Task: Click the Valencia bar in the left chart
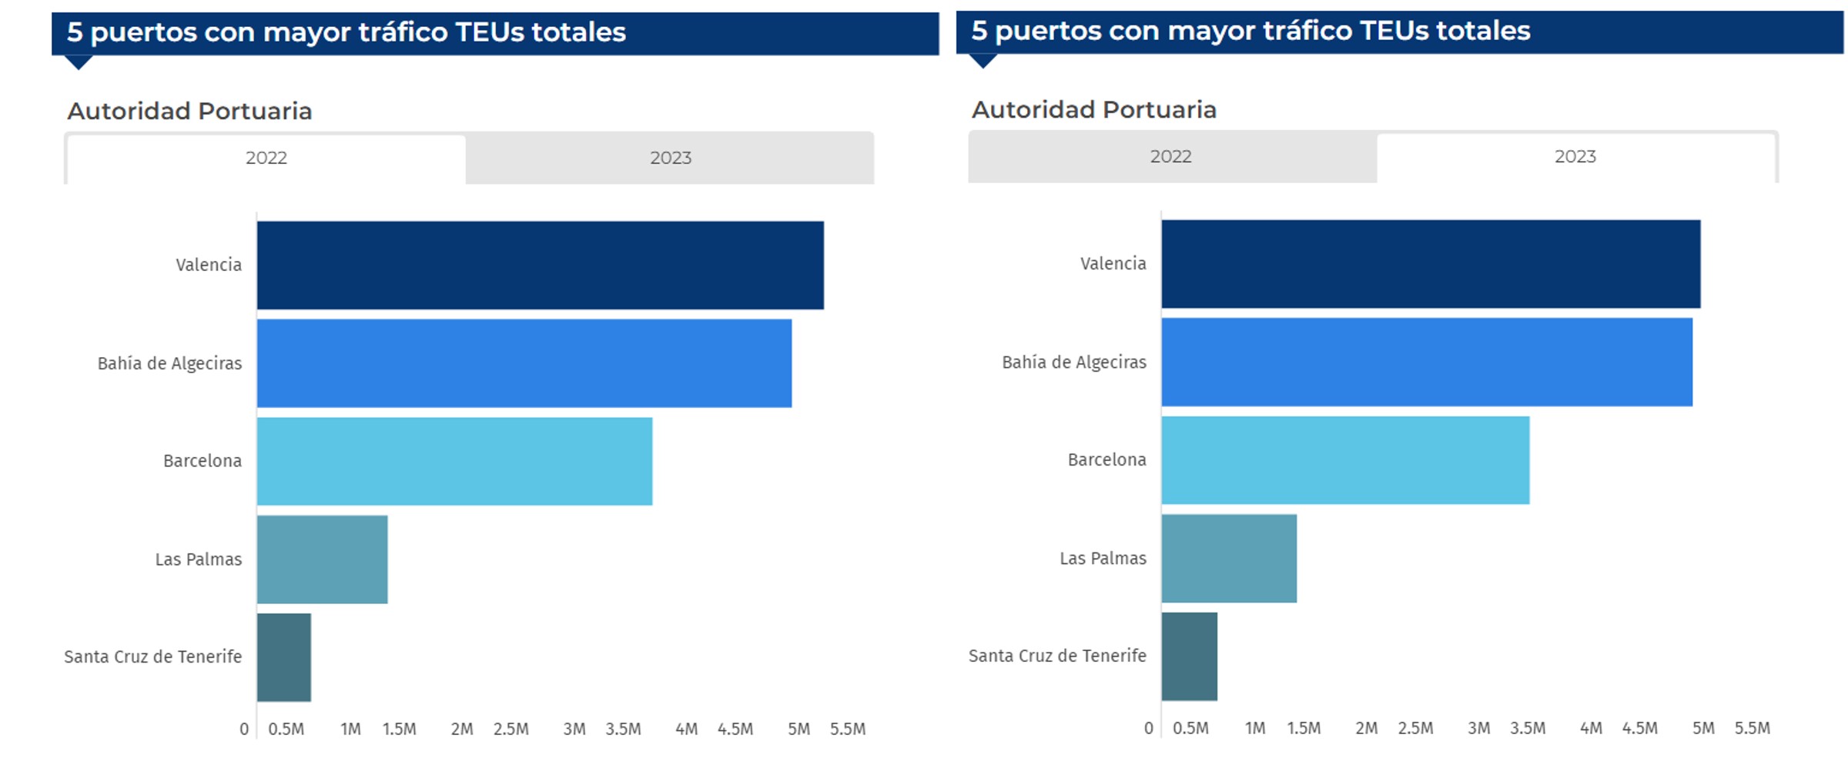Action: pos(540,265)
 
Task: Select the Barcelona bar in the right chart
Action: pos(1345,460)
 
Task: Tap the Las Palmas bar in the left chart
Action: pos(322,559)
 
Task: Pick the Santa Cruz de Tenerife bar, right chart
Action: pos(1189,656)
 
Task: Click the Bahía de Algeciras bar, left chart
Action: pos(524,363)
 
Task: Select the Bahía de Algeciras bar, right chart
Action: pos(1426,362)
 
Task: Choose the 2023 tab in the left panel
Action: pos(670,158)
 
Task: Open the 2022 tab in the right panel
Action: pos(1170,156)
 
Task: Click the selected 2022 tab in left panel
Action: pos(266,158)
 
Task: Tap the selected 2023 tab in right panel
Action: pos(1575,156)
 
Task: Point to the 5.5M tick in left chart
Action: pos(847,729)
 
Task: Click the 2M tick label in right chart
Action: pos(1366,728)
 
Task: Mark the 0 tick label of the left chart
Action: pos(244,729)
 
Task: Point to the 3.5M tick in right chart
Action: pos(1527,728)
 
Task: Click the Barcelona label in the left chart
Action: pos(202,461)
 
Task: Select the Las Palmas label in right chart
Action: pos(1103,559)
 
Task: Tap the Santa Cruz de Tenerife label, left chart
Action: pos(152,656)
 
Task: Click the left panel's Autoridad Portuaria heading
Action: pos(189,111)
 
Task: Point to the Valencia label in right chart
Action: pos(1113,264)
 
